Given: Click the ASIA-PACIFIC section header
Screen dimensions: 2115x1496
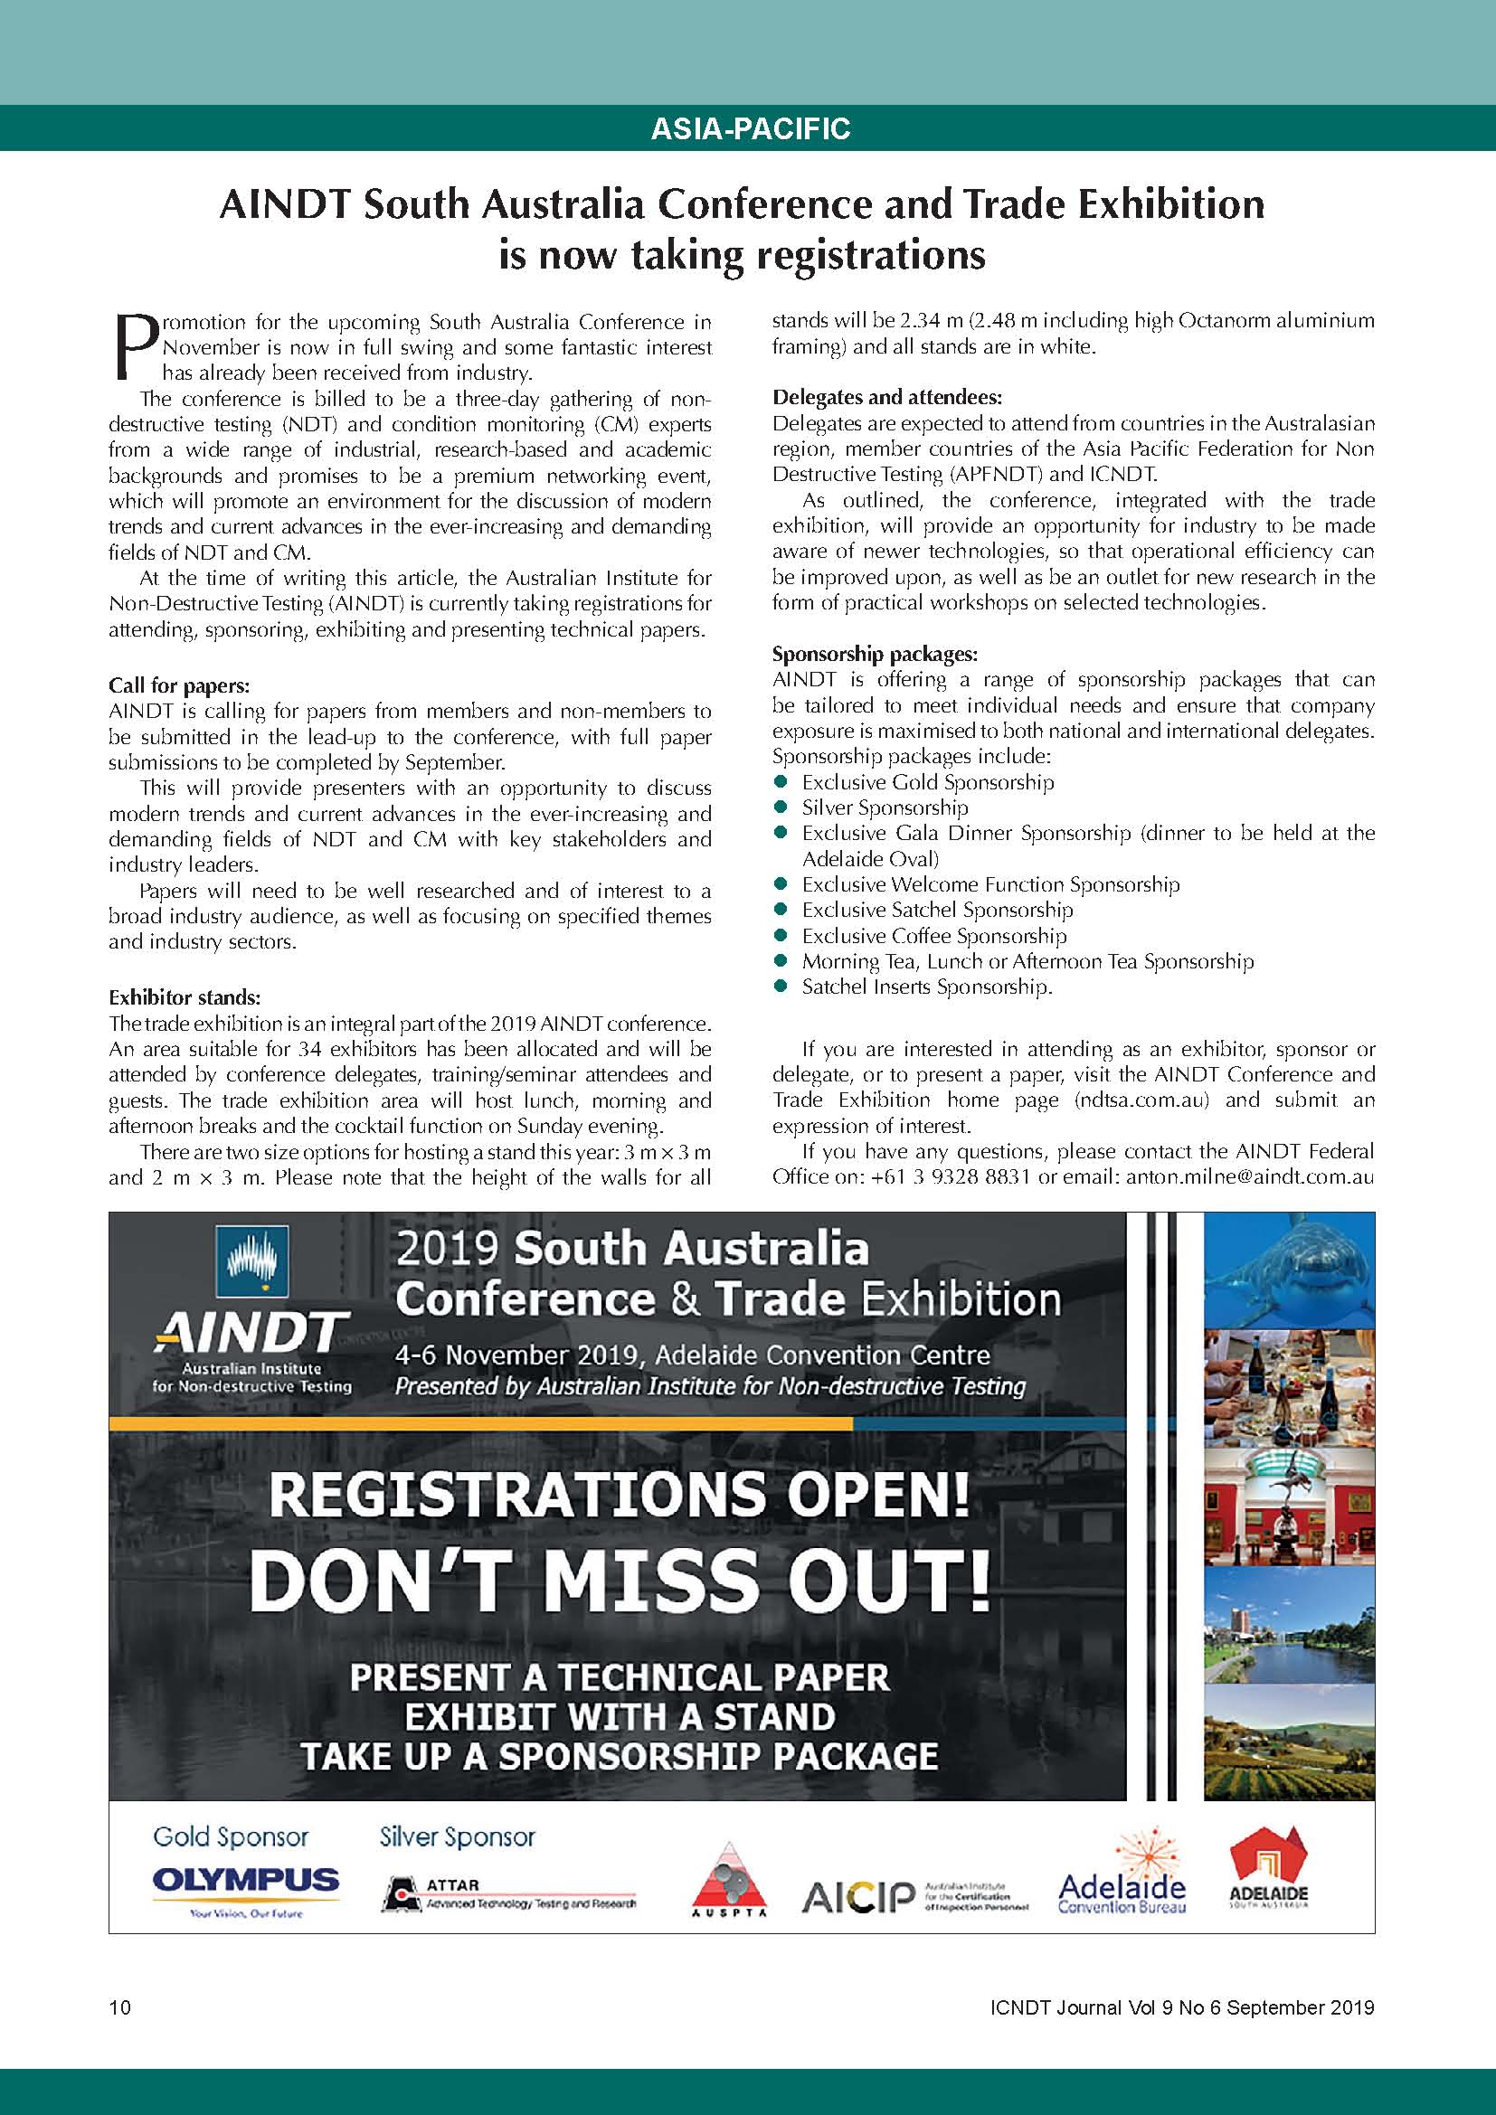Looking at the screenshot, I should tap(750, 128).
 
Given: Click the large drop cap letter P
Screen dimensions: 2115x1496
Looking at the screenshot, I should tap(135, 347).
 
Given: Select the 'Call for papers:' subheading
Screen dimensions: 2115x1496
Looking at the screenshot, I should tap(179, 685).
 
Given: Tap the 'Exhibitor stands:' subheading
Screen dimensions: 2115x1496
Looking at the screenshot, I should tap(185, 997).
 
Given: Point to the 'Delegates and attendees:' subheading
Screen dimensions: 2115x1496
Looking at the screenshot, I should tap(887, 397).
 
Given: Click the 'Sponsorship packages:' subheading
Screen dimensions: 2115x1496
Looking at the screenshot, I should tap(875, 654).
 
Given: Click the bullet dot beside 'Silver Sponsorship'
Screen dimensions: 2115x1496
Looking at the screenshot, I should tap(781, 807).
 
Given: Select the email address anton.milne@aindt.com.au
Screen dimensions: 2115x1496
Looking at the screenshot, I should tap(1249, 1177).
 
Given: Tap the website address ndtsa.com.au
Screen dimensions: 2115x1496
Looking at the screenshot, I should tap(1142, 1100).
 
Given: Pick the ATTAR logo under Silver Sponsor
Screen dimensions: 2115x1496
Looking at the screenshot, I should tap(508, 1893).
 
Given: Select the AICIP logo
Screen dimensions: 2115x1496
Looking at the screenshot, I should tap(914, 1896).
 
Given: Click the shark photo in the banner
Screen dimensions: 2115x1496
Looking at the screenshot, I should tap(1289, 1270).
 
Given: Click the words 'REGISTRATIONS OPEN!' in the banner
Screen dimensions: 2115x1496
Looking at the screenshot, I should tap(618, 1494).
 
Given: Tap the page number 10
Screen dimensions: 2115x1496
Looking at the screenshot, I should tap(120, 2008).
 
